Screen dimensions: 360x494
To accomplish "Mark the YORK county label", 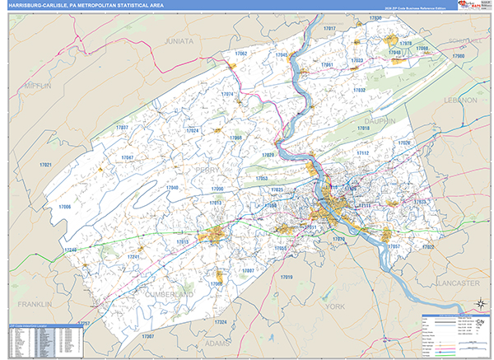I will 334,306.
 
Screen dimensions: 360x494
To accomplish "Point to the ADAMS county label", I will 217,342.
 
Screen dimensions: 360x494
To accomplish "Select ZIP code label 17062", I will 240,54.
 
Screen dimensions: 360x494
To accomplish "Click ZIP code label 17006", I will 65,207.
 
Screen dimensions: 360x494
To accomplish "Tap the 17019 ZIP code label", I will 286,277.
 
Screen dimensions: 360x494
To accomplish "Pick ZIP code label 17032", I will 359,90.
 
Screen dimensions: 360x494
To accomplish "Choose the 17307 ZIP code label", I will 147,336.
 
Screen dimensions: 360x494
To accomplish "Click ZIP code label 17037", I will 122,128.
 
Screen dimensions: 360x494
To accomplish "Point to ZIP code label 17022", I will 426,246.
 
